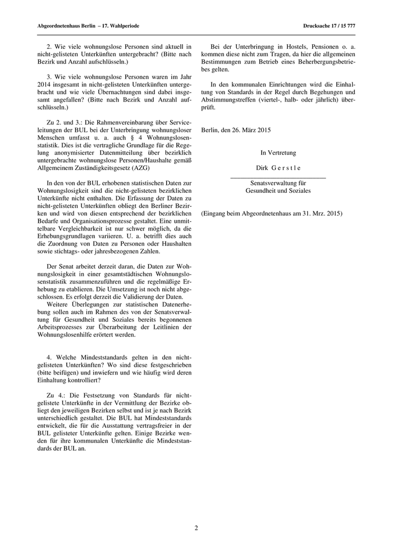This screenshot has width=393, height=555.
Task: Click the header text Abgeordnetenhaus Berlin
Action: (57, 26)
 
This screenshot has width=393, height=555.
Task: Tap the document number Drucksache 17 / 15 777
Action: (333, 26)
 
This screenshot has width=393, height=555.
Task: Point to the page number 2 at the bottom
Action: (196, 528)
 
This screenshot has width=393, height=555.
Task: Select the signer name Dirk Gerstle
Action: (278, 167)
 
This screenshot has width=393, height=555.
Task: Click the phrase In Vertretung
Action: (278, 152)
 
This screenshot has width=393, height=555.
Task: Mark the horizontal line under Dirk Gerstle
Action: (278, 177)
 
